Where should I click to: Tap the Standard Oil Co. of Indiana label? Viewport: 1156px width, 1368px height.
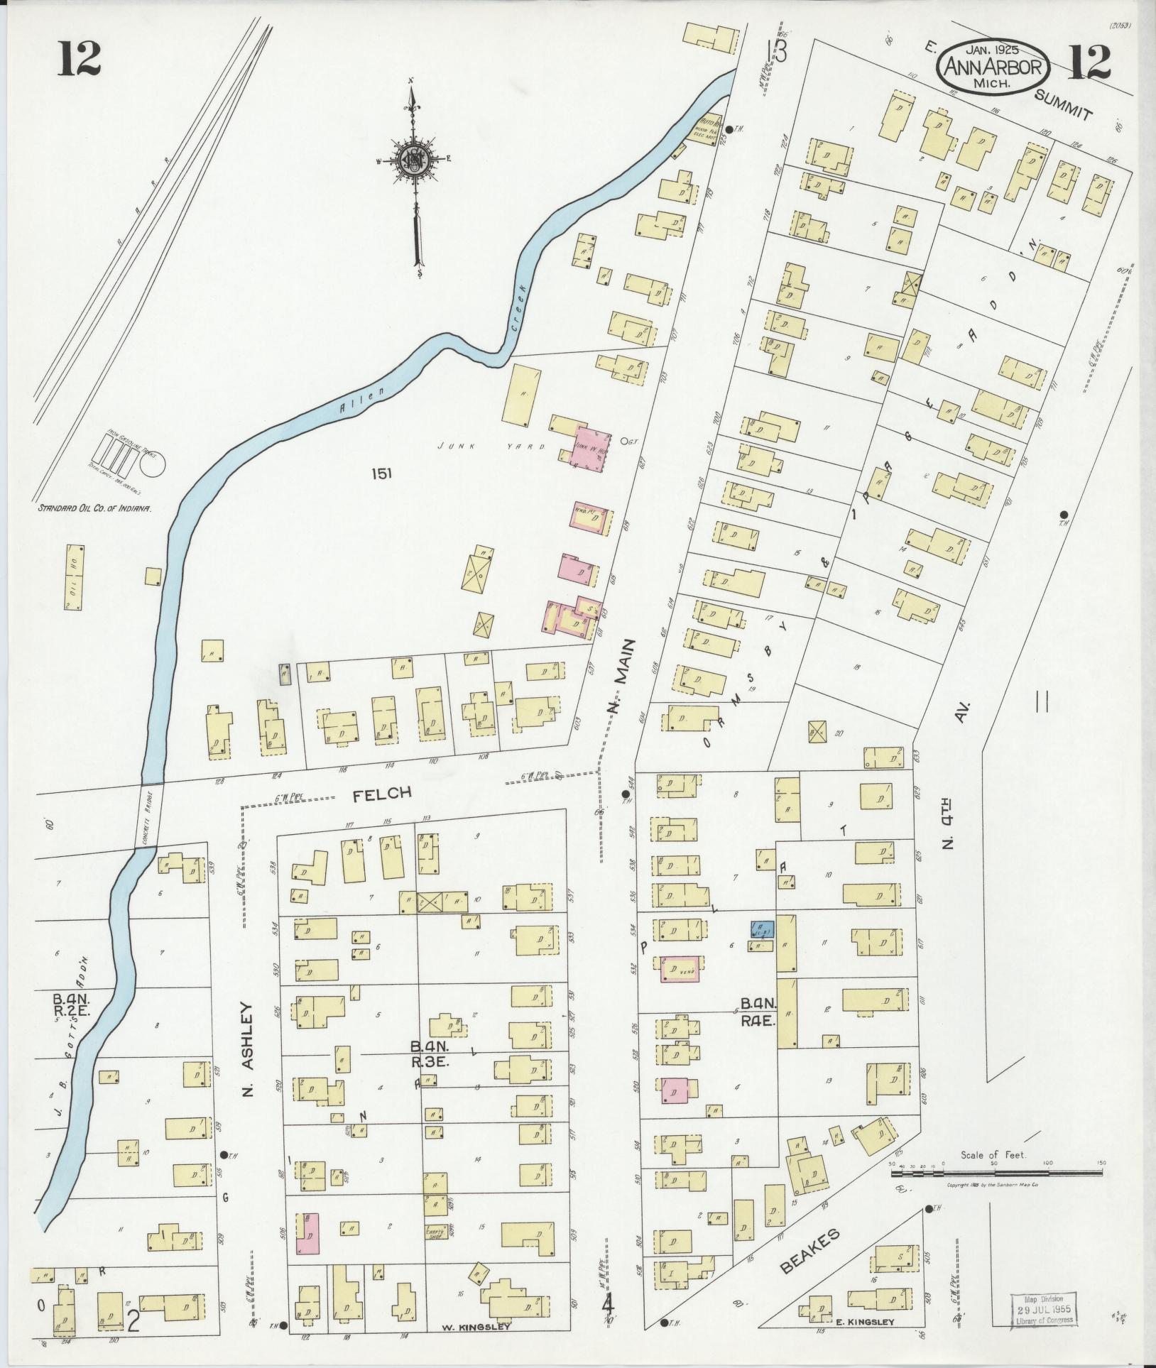pos(96,508)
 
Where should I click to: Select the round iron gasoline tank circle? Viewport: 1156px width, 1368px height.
pos(153,466)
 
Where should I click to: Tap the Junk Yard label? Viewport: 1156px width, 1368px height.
pos(490,447)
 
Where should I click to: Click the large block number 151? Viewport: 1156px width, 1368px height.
pos(381,474)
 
